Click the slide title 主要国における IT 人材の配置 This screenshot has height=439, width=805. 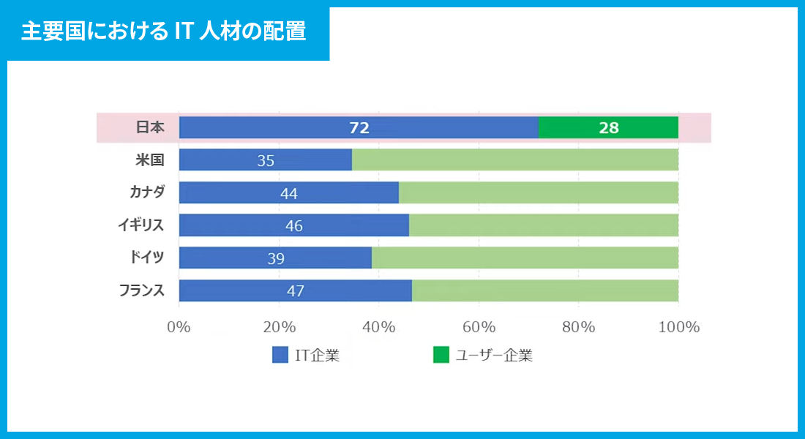tap(163, 32)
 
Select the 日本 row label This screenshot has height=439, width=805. tap(150, 127)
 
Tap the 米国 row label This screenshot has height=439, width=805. tap(150, 160)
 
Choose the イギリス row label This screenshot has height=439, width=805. tap(141, 225)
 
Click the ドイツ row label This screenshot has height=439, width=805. tap(146, 258)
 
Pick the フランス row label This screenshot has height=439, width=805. tap(142, 290)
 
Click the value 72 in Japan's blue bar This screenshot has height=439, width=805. tap(359, 128)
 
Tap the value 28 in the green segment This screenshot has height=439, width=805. tap(608, 128)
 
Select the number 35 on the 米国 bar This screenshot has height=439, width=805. tap(266, 160)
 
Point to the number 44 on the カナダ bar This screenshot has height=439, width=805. tap(288, 193)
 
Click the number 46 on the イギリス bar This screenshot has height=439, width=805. tap(293, 225)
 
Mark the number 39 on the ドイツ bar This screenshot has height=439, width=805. tap(275, 258)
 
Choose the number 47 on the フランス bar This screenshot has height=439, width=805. tap(295, 290)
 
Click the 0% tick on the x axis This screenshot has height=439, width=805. tap(179, 327)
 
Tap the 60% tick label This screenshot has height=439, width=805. tap(479, 327)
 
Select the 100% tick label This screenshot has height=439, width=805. tap(678, 327)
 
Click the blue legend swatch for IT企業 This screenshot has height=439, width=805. tap(280, 356)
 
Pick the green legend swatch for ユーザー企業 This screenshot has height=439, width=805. tap(441, 356)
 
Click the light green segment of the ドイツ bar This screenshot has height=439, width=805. tap(525, 258)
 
